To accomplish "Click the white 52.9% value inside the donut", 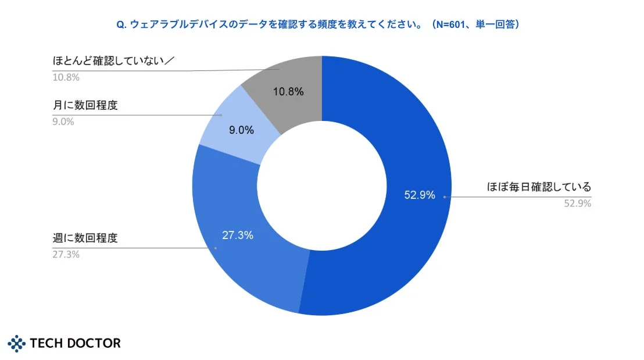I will (x=420, y=195).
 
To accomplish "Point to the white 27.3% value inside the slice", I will (x=238, y=236).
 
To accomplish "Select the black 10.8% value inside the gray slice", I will (x=289, y=92).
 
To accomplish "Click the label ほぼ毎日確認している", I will (x=538, y=187).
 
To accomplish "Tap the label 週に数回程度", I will (x=85, y=238).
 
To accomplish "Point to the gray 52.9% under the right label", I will (x=577, y=204).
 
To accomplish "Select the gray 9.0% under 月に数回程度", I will (x=63, y=122).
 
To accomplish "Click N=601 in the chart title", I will (x=455, y=24).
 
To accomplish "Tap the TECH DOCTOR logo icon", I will (x=17, y=343).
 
